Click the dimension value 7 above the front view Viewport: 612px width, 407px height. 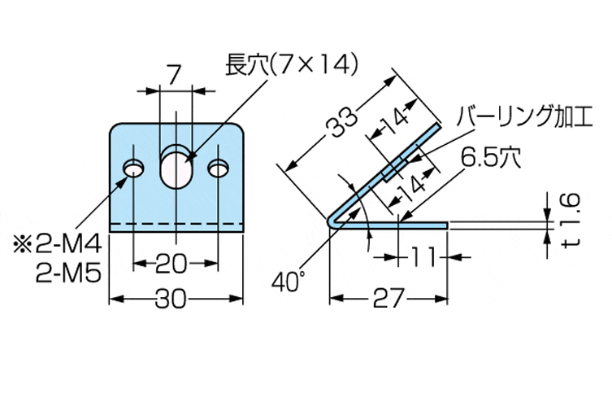pyautogui.click(x=173, y=75)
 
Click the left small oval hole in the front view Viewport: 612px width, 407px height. pyautogui.click(x=133, y=168)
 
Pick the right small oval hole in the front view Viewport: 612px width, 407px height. pyautogui.click(x=218, y=168)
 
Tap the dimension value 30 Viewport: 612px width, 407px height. pyautogui.click(x=176, y=300)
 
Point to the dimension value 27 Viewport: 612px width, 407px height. pyautogui.click(x=388, y=300)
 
